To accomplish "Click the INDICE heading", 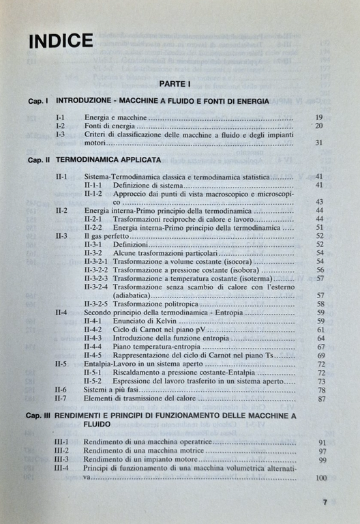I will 61,40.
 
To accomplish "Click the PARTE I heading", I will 175,83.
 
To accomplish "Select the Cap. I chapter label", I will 37,101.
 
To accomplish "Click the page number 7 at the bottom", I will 325,503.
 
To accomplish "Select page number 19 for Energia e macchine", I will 318,117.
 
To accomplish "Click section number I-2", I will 60,126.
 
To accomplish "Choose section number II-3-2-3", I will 96,278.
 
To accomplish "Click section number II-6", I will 61,389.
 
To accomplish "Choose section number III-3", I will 62,460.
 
